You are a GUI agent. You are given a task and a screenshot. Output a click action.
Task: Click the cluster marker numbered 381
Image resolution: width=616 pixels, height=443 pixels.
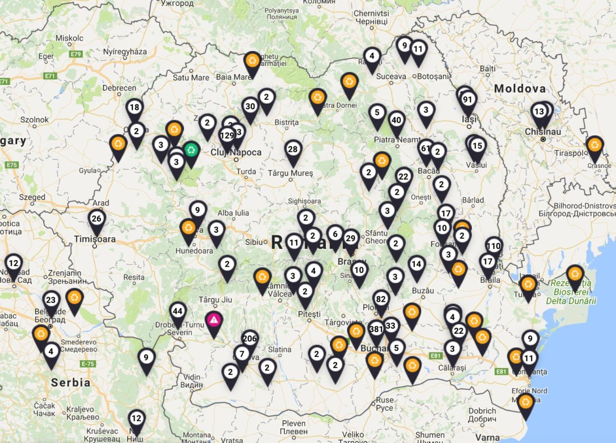click(x=376, y=329)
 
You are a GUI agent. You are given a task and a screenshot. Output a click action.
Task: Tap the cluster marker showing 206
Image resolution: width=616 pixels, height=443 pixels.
click(x=250, y=339)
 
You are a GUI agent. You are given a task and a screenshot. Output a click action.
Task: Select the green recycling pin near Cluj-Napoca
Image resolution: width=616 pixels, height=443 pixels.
click(x=191, y=149)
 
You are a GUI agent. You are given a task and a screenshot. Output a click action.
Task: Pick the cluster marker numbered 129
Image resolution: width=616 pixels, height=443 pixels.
click(x=226, y=135)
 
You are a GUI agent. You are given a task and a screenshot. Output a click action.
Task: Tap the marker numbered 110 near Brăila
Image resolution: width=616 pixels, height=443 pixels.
click(x=493, y=246)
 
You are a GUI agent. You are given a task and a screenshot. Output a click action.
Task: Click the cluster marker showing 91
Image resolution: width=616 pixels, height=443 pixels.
click(x=467, y=99)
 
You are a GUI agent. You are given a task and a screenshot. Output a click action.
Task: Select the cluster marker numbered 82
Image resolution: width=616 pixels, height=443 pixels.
click(x=380, y=299)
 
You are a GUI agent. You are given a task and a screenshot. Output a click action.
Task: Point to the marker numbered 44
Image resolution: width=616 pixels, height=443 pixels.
click(x=177, y=310)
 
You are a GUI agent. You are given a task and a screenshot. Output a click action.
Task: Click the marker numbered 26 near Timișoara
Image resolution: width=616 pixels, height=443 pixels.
click(x=96, y=218)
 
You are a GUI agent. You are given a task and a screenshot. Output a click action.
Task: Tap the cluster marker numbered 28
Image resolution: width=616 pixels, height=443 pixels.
click(x=293, y=149)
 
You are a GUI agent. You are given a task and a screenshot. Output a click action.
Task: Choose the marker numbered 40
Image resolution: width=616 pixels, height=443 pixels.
click(x=396, y=120)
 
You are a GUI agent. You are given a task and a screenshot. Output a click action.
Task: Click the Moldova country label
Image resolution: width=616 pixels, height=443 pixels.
click(x=520, y=89)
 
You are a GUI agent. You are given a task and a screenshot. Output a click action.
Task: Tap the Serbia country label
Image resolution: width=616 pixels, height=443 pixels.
click(x=70, y=383)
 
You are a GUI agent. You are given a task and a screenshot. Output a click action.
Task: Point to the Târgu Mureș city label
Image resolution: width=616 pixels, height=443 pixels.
click(x=291, y=173)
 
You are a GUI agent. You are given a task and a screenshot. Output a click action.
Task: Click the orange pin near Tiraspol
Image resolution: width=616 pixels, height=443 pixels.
click(x=594, y=145)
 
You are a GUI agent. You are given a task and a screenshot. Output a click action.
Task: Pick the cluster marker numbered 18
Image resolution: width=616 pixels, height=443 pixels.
click(x=134, y=108)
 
